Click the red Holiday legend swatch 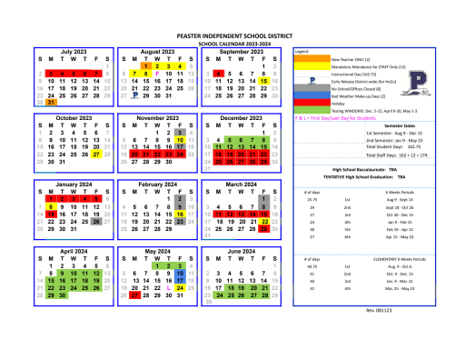tap(305, 103)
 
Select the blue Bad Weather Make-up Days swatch tap(305, 95)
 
